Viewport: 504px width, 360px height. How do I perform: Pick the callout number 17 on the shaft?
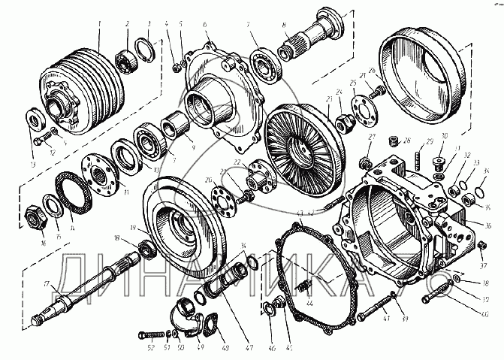coord(45,283)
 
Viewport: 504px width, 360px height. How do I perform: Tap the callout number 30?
coord(443,135)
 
